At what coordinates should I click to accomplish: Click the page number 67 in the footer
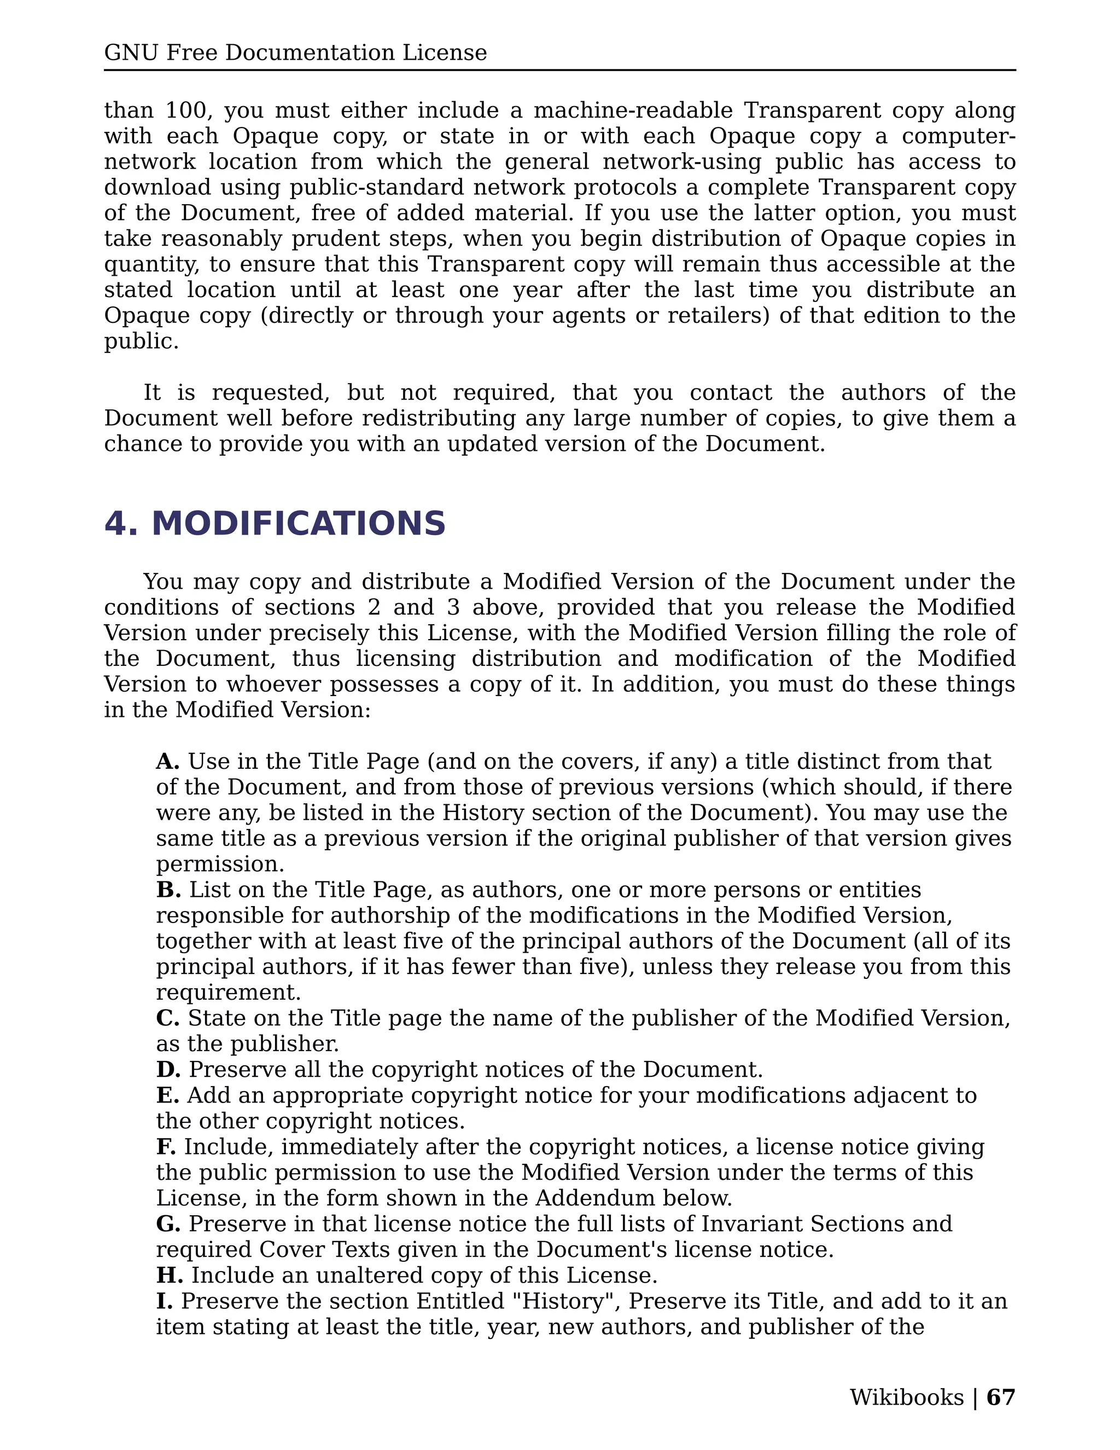point(1001,1397)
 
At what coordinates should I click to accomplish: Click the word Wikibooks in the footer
point(906,1397)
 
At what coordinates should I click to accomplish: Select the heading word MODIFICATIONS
point(299,524)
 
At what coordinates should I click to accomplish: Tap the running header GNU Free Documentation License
point(295,53)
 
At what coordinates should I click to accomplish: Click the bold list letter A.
point(167,762)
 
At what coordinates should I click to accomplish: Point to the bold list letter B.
point(168,890)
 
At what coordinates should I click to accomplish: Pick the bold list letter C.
point(167,1018)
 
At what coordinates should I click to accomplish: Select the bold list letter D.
point(168,1070)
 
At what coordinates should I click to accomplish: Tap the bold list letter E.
point(167,1095)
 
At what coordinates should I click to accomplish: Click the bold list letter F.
point(166,1146)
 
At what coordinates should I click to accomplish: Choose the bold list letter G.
point(168,1223)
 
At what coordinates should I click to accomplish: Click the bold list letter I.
point(163,1301)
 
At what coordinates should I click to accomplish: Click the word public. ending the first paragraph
point(141,341)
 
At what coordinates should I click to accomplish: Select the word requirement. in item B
point(228,993)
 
